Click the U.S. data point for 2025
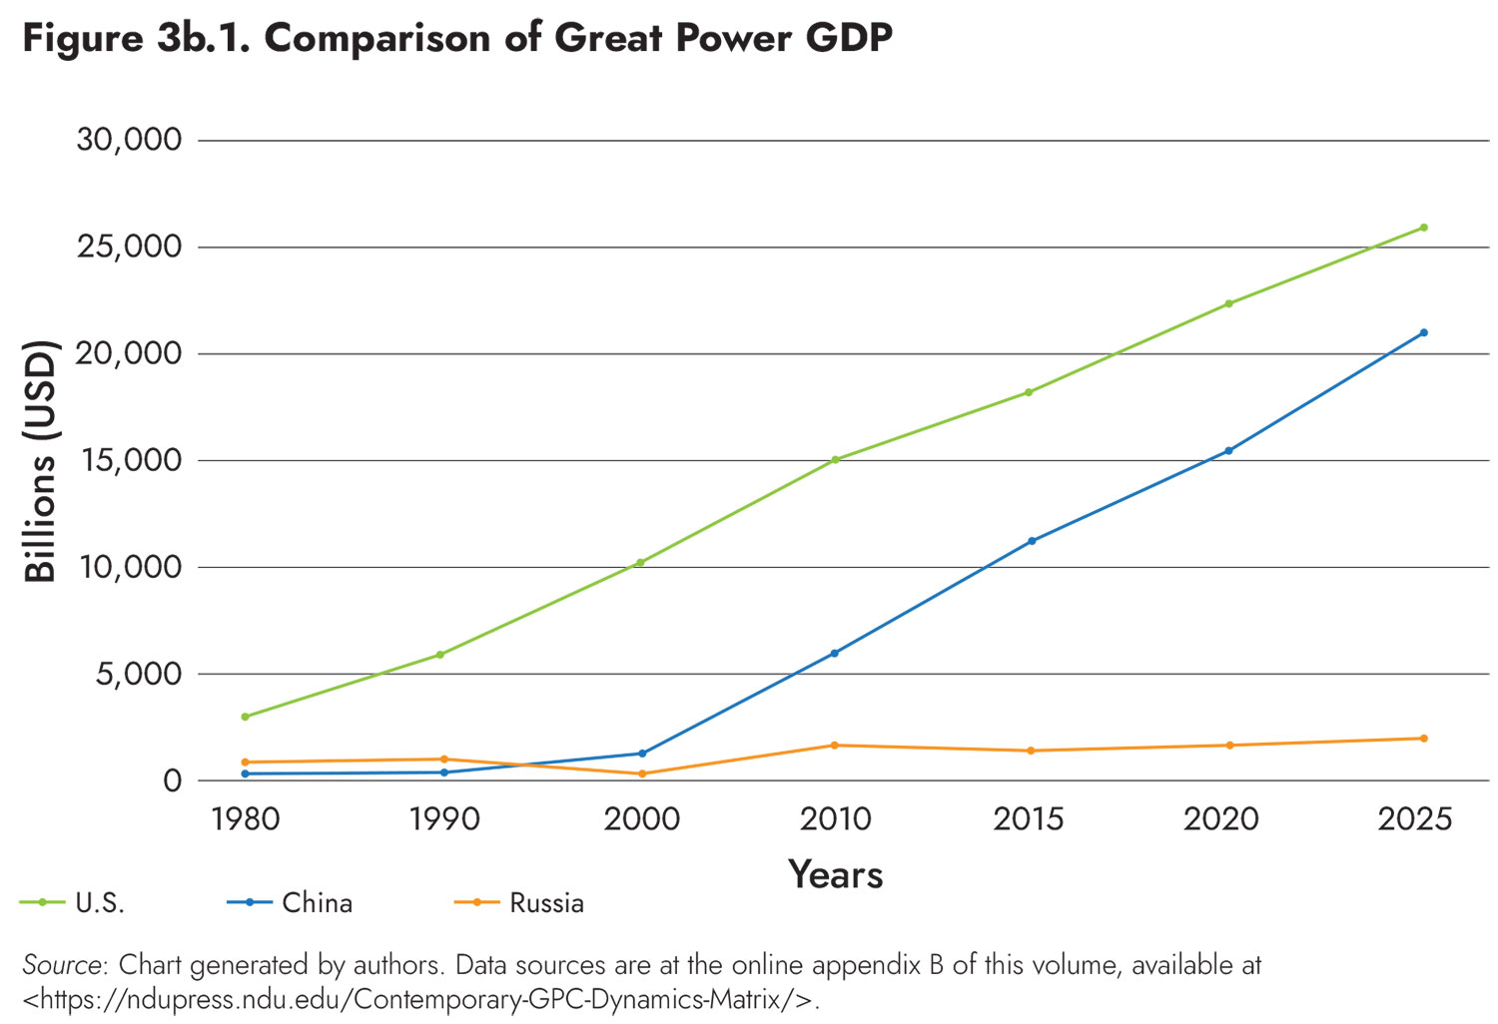[x=1423, y=228]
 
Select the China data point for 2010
[x=835, y=653]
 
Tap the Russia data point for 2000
[x=641, y=773]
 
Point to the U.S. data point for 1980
[x=245, y=717]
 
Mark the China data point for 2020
[x=1228, y=451]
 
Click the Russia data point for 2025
[x=1423, y=739]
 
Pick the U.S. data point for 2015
[x=1029, y=392]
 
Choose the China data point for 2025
[x=1423, y=332]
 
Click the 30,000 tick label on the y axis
[x=130, y=140]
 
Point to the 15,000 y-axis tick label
[x=130, y=460]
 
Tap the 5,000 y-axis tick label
[x=140, y=674]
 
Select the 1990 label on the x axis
[x=444, y=819]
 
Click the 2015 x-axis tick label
[x=1029, y=819]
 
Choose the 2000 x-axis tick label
[x=641, y=819]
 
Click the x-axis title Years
[x=835, y=874]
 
